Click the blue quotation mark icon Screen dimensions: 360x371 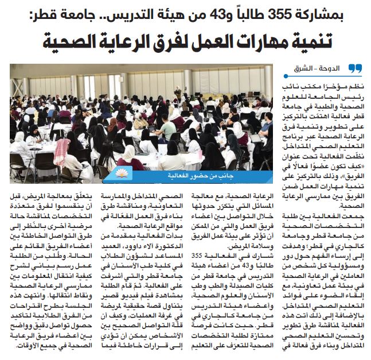[355, 69]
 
